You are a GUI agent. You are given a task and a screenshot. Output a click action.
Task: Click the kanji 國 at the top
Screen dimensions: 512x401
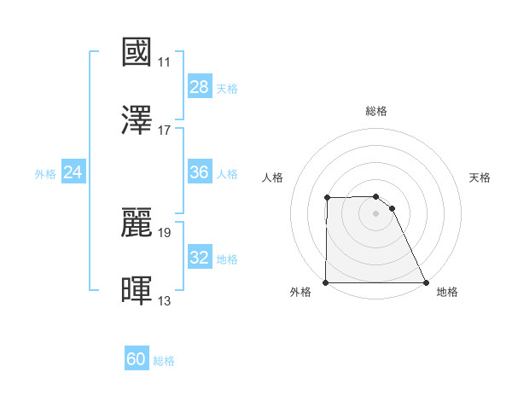click(x=137, y=52)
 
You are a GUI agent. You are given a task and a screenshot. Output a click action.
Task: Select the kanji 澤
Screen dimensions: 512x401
click(x=137, y=120)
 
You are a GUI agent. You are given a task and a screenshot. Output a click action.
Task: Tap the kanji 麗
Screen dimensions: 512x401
click(x=137, y=222)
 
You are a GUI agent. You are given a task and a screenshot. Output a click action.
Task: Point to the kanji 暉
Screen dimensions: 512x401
click(x=137, y=290)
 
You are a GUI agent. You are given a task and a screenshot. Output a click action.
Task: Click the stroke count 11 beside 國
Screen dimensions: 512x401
click(x=165, y=62)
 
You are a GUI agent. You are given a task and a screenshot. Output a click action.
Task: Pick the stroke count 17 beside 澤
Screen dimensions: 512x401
click(x=165, y=131)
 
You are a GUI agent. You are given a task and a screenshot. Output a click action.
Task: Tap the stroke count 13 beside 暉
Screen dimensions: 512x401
click(x=165, y=300)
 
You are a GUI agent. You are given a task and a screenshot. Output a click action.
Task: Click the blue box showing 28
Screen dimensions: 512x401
click(x=200, y=87)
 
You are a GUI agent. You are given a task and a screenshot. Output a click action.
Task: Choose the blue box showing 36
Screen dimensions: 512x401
click(x=200, y=172)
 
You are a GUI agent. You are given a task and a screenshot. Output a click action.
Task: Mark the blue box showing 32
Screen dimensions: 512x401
click(x=200, y=258)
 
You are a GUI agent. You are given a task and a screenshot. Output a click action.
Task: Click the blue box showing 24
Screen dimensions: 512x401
click(x=73, y=172)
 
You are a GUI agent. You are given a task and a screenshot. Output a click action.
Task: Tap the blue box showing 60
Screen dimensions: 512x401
click(x=137, y=359)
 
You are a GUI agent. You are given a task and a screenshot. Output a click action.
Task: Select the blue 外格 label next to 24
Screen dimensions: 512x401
click(x=45, y=173)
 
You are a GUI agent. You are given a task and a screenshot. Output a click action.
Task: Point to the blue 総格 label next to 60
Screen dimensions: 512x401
click(x=164, y=360)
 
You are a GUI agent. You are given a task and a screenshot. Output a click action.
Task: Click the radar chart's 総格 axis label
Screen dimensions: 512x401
click(x=376, y=111)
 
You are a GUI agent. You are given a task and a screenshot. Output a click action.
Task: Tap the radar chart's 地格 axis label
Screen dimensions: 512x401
click(x=447, y=292)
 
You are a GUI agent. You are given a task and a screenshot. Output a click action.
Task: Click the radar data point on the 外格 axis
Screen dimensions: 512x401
click(x=326, y=282)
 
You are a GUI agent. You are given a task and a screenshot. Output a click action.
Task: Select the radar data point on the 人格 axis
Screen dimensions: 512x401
click(x=328, y=198)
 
